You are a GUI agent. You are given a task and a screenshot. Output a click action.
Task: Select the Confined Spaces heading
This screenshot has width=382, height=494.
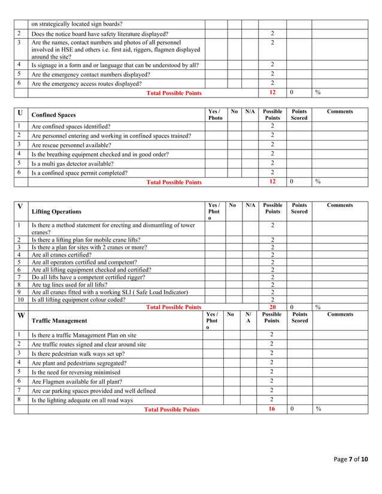(x=54, y=115)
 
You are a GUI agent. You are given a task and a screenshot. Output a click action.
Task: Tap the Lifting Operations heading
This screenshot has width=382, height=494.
(x=56, y=212)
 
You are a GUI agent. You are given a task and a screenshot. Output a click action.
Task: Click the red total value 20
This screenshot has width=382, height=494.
(x=272, y=307)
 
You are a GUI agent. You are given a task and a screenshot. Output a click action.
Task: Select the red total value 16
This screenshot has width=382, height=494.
(x=272, y=410)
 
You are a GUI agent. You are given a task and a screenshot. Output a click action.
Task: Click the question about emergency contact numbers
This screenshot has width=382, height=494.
(x=90, y=75)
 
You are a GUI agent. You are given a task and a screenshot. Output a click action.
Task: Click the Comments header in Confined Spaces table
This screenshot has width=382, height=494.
(x=339, y=111)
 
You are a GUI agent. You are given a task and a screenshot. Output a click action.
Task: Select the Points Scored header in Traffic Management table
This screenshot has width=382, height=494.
(x=299, y=317)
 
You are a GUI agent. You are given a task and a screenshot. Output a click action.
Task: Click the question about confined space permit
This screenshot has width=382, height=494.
(x=79, y=173)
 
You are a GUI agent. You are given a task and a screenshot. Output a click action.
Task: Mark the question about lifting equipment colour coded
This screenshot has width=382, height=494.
(x=78, y=300)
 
